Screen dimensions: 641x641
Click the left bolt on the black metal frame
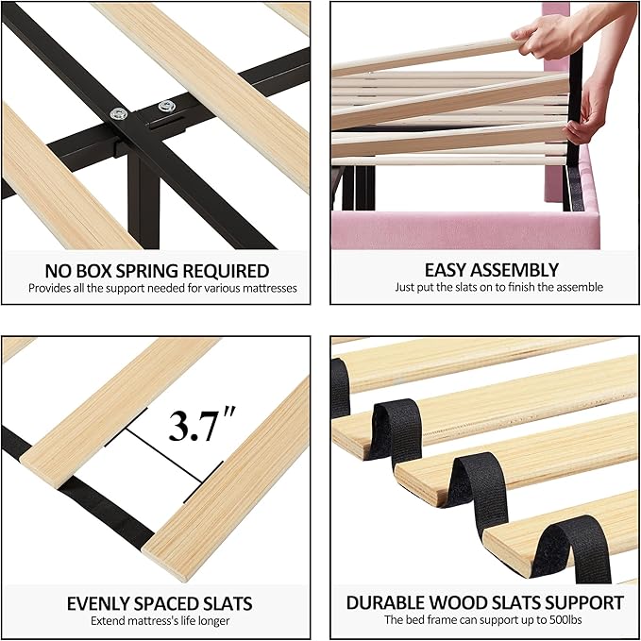(x=121, y=114)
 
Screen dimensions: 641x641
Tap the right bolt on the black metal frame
(x=167, y=106)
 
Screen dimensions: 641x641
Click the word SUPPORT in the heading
(x=586, y=603)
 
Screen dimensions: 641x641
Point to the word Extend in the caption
(x=108, y=620)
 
